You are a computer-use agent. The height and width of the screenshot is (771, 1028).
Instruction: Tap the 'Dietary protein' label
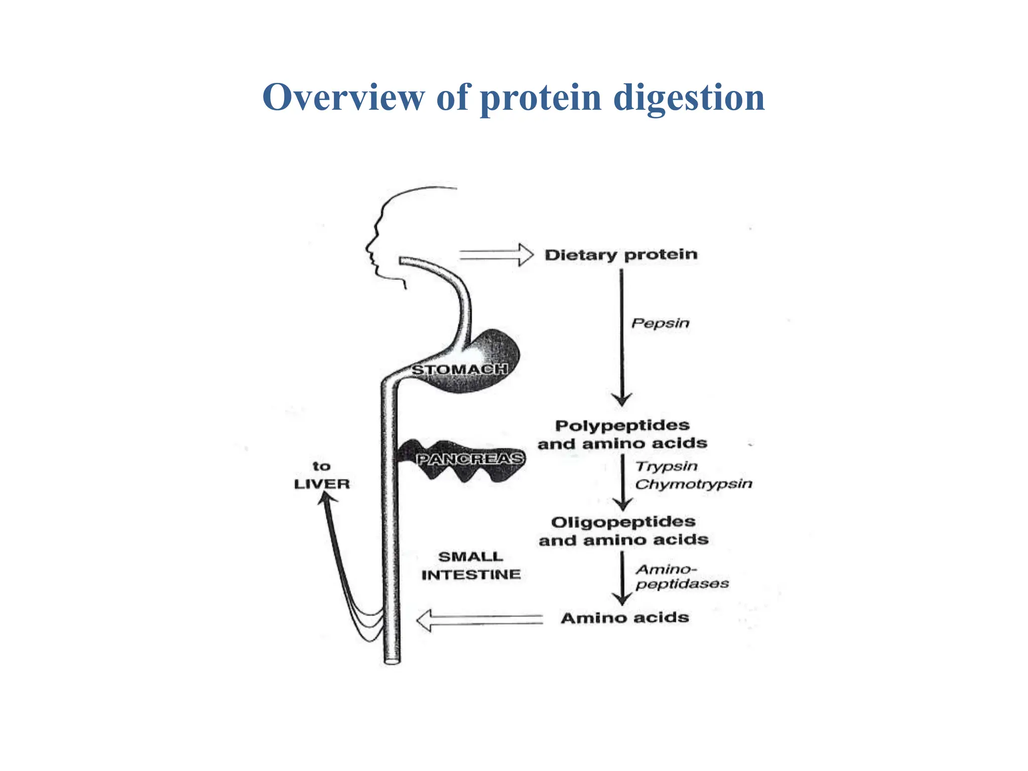[621, 255]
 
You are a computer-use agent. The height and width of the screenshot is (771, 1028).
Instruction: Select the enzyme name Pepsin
[660, 323]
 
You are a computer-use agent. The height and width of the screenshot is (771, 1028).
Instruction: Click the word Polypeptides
[622, 426]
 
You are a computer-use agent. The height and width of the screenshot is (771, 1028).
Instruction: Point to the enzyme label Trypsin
[667, 466]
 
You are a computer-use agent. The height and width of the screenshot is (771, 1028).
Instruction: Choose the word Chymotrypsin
[694, 484]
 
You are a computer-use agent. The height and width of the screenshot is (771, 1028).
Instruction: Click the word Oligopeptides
[623, 522]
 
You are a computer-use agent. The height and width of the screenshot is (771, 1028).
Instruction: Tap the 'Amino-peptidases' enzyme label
[682, 577]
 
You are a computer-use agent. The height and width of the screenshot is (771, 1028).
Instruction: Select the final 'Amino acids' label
[625, 618]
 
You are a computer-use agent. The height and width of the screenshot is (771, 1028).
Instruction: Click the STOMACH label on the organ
[459, 370]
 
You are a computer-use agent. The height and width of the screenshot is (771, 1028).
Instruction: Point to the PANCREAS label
[470, 459]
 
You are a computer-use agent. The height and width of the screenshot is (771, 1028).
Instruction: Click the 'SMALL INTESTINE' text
[471, 566]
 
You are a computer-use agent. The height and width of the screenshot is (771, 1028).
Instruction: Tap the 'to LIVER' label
[322, 475]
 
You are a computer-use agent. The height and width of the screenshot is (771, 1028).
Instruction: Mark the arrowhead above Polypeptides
[622, 399]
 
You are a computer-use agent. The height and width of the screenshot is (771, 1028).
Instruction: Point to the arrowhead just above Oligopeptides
[623, 504]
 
